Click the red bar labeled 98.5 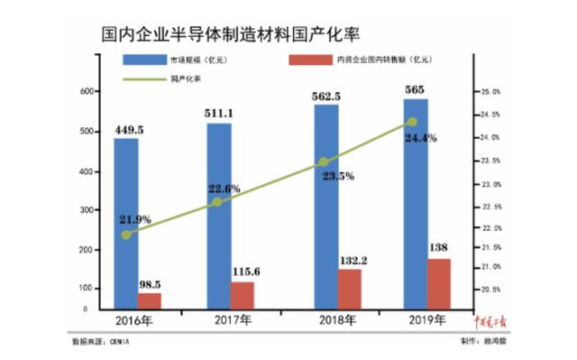tap(150, 300)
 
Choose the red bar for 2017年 tap(242, 295)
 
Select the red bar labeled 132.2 tap(349, 289)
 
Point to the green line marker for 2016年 tap(126, 235)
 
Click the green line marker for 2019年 tap(412, 122)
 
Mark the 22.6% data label tap(224, 189)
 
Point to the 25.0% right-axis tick tap(490, 92)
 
